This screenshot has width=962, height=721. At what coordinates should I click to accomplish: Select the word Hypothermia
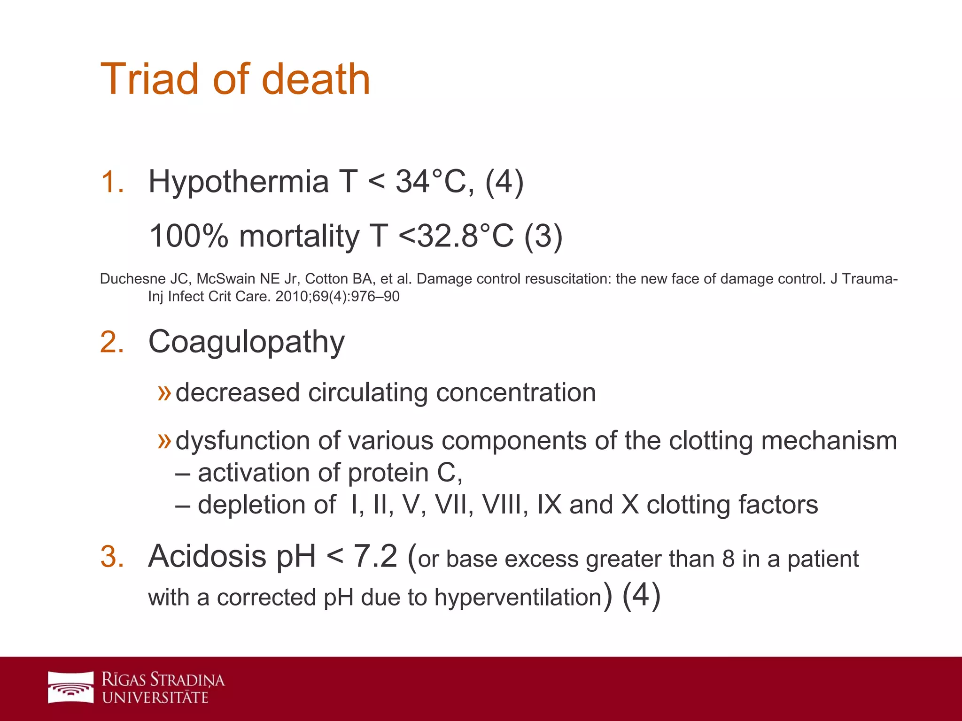[239, 182]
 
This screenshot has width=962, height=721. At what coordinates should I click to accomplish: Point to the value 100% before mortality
[188, 236]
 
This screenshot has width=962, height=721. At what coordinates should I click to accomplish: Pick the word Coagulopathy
[247, 342]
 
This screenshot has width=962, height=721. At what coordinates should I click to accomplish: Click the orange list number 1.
[112, 182]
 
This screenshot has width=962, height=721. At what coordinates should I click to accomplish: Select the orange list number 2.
[112, 342]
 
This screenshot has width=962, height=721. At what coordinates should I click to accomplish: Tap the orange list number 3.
[112, 557]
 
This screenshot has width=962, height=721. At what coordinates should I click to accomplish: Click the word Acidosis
[207, 557]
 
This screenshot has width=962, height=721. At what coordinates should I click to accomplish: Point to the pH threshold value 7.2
[375, 557]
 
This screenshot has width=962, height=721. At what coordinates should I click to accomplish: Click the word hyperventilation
[518, 598]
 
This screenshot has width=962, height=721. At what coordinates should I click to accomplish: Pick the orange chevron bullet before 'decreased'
[164, 392]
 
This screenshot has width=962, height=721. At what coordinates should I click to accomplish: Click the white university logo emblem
[71, 688]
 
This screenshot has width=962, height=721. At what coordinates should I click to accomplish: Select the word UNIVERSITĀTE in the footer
[155, 698]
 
